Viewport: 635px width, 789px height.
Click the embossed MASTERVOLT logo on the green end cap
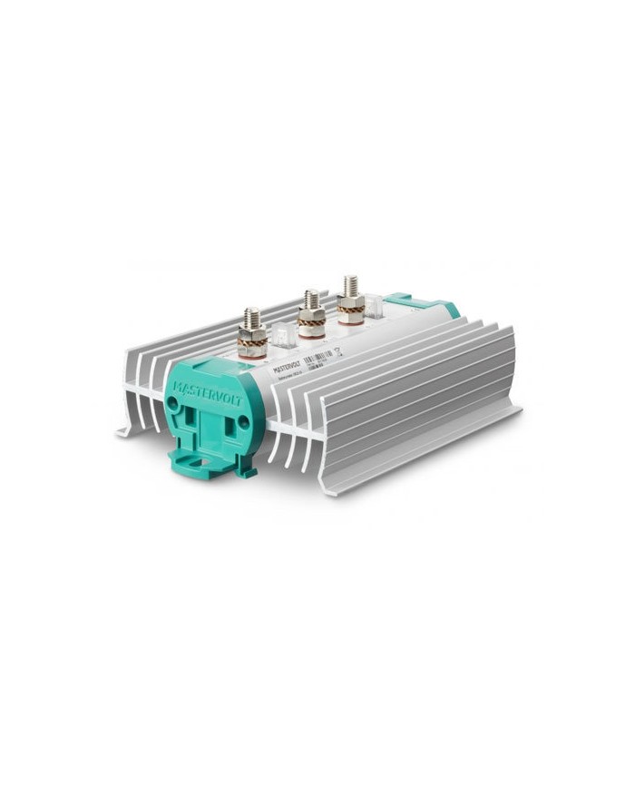[x=208, y=392]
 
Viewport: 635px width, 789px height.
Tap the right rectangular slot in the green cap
[x=228, y=433]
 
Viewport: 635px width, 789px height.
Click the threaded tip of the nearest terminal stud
[x=252, y=317]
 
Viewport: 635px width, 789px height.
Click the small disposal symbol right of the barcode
[x=337, y=354]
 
